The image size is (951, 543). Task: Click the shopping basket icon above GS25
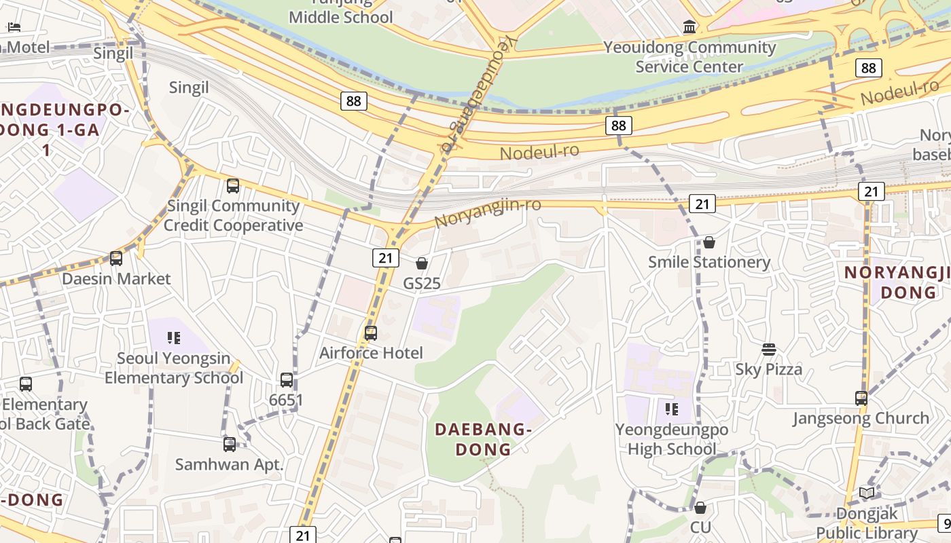pyautogui.click(x=422, y=263)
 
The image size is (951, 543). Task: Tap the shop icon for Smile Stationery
pyautogui.click(x=709, y=242)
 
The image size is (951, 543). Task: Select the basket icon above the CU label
pyautogui.click(x=700, y=508)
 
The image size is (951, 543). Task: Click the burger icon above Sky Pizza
pyautogui.click(x=769, y=350)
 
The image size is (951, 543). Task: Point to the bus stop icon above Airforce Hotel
pyautogui.click(x=371, y=333)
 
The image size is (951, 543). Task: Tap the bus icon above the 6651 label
pyautogui.click(x=287, y=380)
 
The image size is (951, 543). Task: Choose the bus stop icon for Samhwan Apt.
pyautogui.click(x=230, y=445)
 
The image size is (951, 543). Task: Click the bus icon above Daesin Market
pyautogui.click(x=116, y=259)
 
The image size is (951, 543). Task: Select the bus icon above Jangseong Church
pyautogui.click(x=861, y=398)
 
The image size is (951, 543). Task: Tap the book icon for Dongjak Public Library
pyautogui.click(x=867, y=493)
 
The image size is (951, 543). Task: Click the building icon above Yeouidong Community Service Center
pyautogui.click(x=690, y=27)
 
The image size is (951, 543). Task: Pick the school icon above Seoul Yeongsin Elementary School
pyautogui.click(x=174, y=338)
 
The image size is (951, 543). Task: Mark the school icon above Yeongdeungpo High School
pyautogui.click(x=672, y=409)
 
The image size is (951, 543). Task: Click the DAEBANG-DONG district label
pyautogui.click(x=482, y=439)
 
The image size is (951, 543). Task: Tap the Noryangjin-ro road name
pyautogui.click(x=487, y=212)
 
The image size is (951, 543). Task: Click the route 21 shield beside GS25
pyautogui.click(x=386, y=258)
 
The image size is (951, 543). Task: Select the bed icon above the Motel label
pyautogui.click(x=14, y=27)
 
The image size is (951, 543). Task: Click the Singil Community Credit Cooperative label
pyautogui.click(x=233, y=215)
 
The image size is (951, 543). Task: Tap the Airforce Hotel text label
pyautogui.click(x=371, y=353)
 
